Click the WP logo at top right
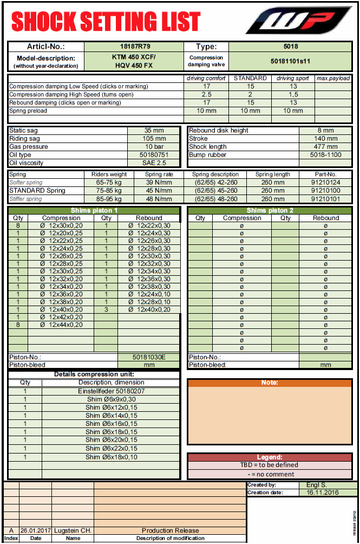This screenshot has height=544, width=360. coord(299,22)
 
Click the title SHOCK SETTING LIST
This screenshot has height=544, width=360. coord(106,22)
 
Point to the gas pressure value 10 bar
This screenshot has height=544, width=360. coord(154,147)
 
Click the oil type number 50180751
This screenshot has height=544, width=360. coord(154,155)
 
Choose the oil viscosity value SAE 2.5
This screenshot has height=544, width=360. coord(154,163)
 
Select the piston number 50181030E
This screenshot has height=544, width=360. coord(149,358)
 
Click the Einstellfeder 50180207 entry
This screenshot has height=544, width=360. coord(112,391)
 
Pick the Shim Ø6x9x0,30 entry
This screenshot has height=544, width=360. coord(112,399)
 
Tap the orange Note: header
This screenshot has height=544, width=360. coord(269,383)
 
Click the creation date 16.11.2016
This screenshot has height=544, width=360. coord(322,493)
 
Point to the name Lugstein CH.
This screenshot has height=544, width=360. coord(72,530)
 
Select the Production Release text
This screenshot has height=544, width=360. coord(170,530)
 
